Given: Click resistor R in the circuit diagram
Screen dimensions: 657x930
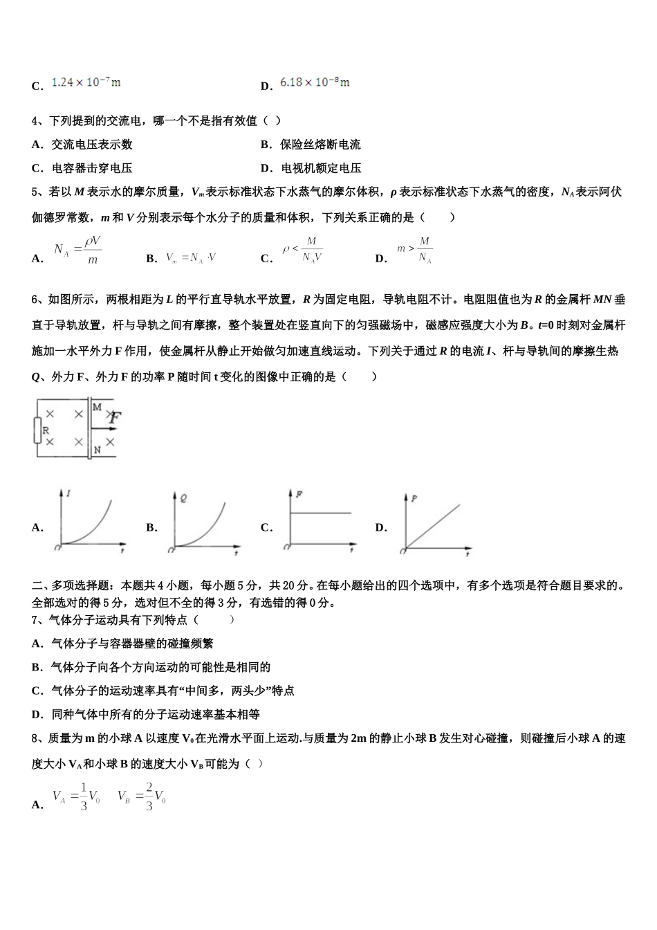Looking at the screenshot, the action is pos(37,430).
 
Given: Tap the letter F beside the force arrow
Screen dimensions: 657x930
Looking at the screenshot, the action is pos(115,418).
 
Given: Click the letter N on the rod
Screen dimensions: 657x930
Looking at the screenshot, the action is pos(97,450).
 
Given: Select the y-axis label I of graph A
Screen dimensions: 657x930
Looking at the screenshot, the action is pos(69,493).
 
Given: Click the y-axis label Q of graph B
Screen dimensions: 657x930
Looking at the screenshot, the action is pos(183,497).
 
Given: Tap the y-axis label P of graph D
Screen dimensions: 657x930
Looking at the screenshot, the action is pos(414,498).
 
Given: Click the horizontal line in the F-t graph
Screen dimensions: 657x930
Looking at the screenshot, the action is pos(320,513).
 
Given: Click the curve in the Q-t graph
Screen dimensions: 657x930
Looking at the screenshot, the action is pos(211,526).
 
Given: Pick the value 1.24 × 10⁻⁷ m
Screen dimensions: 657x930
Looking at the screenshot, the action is pos(86,82).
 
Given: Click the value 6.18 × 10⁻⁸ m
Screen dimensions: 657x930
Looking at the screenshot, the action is pos(315,82).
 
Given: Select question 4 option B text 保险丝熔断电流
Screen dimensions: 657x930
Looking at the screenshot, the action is pos(320,145).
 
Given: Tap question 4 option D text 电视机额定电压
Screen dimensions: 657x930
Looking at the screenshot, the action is pos(321,168).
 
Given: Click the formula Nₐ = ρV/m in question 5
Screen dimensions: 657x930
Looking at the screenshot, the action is pos(77,250).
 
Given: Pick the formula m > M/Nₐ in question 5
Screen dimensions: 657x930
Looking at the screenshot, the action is pos(415,250).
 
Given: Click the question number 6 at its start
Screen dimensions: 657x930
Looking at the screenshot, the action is pos(35,300).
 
